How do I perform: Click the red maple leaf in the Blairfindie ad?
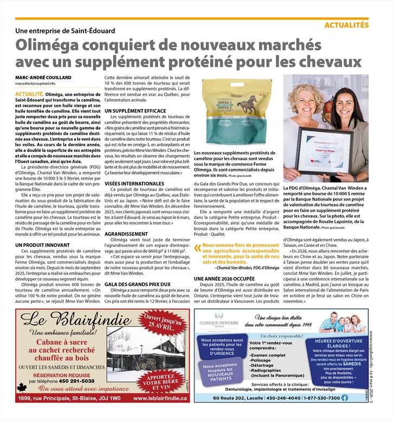(x=22, y=387)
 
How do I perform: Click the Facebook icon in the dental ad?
(x=345, y=398)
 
